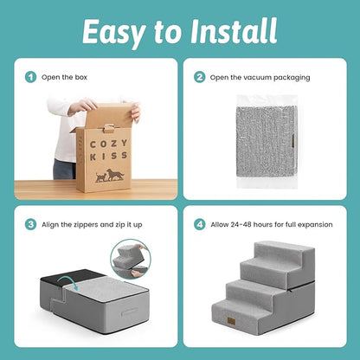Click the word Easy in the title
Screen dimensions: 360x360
113,32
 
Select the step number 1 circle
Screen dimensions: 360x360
30,77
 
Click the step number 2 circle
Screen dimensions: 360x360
199,77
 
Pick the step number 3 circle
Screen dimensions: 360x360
30,224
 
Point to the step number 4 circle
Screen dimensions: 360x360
199,224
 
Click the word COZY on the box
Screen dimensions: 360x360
109,144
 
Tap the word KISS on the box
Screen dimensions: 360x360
109,156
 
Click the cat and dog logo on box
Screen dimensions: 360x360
110,176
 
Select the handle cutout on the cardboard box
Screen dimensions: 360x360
109,127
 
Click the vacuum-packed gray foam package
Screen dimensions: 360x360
267,141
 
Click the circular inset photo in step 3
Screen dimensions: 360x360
131,259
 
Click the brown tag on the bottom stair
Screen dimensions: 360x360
231,321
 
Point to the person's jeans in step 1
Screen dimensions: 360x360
65,169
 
